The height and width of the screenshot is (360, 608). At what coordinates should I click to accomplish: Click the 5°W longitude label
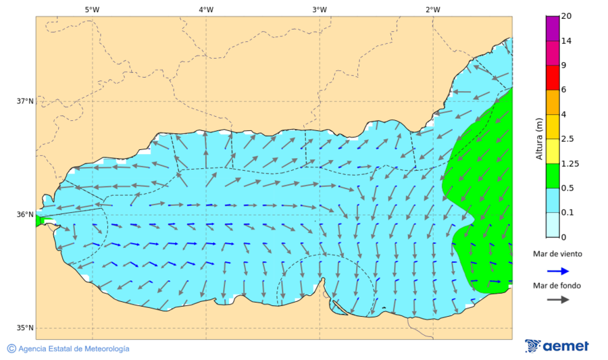tap(92, 9)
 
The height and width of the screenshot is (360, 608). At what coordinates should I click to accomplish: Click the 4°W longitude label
tap(206, 9)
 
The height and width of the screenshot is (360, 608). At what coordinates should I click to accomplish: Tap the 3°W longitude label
tap(320, 9)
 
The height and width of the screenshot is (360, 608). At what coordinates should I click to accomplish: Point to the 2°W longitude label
tap(433, 9)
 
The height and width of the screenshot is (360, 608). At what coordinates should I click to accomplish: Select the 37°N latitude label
tap(25, 101)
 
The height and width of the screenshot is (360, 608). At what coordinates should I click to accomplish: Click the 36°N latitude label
tap(25, 215)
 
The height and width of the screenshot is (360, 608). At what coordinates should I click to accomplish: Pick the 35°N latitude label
tap(25, 328)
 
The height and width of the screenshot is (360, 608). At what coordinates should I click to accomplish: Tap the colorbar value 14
tap(567, 41)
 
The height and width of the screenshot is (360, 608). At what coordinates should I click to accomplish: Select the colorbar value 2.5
tap(569, 139)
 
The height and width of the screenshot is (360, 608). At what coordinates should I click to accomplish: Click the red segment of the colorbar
tap(553, 78)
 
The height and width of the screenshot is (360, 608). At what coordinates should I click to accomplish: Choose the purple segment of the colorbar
tap(553, 28)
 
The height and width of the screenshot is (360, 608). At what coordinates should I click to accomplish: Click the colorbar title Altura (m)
tap(539, 138)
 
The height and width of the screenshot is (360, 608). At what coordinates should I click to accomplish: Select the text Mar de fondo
tap(556, 286)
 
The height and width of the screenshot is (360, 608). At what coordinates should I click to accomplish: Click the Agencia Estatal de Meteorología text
tap(74, 349)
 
